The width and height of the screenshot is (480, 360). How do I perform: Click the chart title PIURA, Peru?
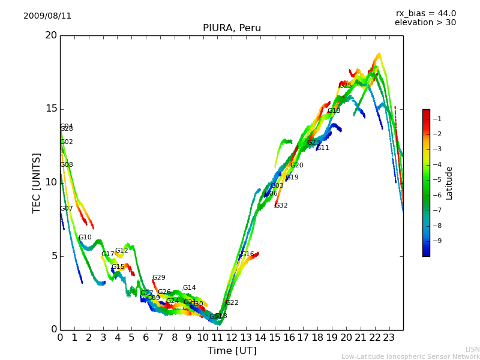(232, 28)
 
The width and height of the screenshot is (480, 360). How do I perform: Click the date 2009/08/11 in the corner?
(47, 16)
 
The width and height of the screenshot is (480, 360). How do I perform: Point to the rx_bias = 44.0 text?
(425, 14)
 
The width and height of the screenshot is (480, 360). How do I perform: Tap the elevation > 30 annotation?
(425, 23)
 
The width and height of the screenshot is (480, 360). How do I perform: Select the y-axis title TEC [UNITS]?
(37, 182)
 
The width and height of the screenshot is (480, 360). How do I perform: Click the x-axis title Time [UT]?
(232, 350)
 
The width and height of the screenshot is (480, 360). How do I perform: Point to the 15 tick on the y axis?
(51, 109)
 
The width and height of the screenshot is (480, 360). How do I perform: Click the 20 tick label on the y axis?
(51, 35)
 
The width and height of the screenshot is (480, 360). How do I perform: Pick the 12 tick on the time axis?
(232, 337)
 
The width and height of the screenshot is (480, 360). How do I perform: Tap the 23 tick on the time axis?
(389, 337)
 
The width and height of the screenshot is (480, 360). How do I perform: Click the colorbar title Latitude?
(449, 183)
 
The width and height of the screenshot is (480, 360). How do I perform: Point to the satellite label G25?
(345, 86)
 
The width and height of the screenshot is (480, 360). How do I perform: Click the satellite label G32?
(281, 206)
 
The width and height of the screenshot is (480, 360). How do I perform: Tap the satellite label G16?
(247, 254)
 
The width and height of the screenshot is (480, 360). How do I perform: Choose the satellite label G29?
(158, 278)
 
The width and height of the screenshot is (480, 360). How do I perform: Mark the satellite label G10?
(85, 238)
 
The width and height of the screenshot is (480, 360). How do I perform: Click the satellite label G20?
(296, 166)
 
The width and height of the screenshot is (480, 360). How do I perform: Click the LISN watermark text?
(472, 349)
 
